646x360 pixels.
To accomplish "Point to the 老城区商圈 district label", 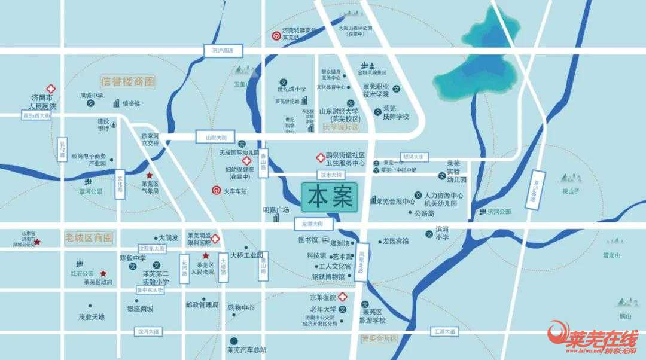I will (88, 237).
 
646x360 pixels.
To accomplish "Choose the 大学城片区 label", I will (340, 127).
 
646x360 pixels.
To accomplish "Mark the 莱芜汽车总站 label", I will (246, 350).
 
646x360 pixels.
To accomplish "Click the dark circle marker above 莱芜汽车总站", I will (234, 340).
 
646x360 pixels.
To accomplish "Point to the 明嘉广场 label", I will (276, 210).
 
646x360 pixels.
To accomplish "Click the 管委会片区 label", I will (379, 338).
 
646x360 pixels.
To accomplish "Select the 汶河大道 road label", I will (148, 331).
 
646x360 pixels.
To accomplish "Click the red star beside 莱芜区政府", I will (103, 273).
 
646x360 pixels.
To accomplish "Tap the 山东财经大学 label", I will (338, 111).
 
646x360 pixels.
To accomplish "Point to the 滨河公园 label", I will (499, 212).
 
